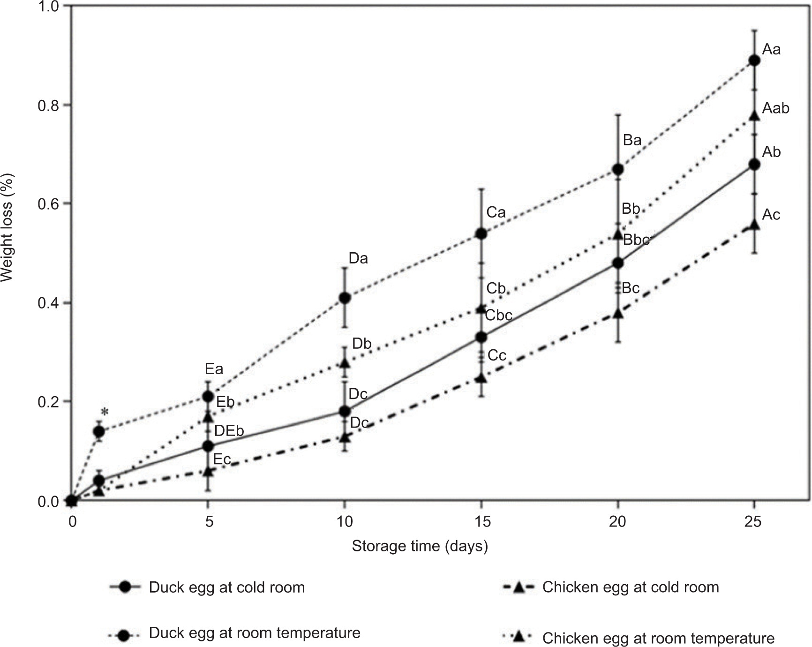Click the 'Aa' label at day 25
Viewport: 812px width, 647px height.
click(772, 50)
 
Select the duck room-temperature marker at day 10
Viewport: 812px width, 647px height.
click(345, 297)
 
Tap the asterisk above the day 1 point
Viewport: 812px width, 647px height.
click(104, 413)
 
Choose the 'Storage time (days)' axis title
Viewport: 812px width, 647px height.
click(420, 546)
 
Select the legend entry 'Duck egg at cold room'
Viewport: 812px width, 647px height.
click(227, 587)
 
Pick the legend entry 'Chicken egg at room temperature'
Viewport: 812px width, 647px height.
click(658, 638)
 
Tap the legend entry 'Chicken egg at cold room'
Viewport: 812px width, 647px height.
click(631, 587)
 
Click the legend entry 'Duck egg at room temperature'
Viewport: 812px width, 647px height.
click(255, 633)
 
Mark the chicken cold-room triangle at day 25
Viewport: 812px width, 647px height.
click(754, 225)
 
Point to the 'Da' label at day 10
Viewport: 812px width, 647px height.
click(358, 258)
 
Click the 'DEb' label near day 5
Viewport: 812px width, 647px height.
click(229, 431)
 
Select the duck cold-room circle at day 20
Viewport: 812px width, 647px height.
click(618, 263)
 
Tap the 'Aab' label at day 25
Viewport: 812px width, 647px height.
click(776, 109)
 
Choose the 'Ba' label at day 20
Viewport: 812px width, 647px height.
click(632, 140)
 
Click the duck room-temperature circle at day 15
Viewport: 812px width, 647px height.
click(481, 233)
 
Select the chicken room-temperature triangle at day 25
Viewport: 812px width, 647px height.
click(754, 115)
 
